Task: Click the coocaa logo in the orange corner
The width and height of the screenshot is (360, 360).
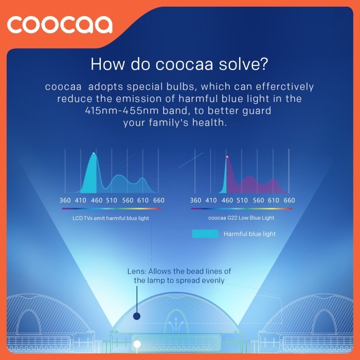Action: point(60,24)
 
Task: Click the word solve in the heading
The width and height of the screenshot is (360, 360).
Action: point(246,64)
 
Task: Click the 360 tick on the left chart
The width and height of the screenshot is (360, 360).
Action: point(65,200)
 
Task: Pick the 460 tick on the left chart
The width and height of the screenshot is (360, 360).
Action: point(97,200)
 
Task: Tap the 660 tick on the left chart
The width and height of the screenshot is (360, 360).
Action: point(159,200)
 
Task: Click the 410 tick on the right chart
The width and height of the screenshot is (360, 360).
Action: point(211,200)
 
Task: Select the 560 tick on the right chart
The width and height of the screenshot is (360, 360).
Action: point(258,200)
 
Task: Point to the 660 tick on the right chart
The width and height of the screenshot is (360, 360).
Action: point(289,200)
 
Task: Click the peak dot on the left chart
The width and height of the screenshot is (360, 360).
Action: point(94,153)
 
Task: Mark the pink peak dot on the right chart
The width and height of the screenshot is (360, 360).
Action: point(227,157)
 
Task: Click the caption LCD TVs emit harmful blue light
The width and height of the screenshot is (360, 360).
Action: point(111,218)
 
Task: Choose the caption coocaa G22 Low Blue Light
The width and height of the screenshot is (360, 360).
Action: point(241,218)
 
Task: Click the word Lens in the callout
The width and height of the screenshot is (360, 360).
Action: point(135,271)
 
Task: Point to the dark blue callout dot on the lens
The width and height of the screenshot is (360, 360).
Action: point(137,317)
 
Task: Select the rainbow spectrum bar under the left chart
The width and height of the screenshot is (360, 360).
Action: point(111,209)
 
